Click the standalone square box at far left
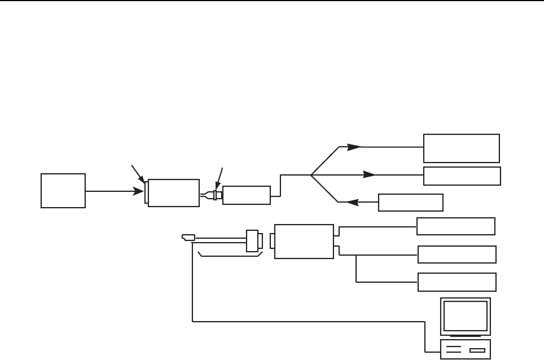click(63, 191)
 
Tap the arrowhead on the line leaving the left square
click(139, 192)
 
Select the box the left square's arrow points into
click(173, 193)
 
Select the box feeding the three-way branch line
click(247, 195)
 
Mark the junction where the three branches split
click(311, 174)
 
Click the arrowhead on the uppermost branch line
click(354, 147)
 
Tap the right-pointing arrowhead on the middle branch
click(370, 174)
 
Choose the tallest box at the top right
click(462, 148)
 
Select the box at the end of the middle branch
click(462, 176)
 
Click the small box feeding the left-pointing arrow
click(411, 202)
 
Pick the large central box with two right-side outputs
click(304, 241)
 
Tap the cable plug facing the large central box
click(254, 240)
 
